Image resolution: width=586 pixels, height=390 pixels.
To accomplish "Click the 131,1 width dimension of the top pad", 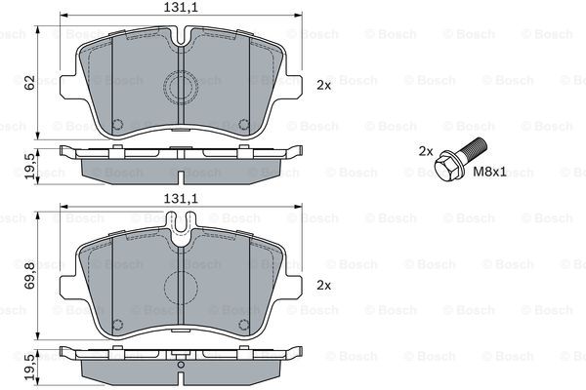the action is click(180, 8).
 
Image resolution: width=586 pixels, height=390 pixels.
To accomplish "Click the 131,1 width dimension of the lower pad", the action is click(180, 199).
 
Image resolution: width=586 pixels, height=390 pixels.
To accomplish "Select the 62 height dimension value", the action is click(29, 82).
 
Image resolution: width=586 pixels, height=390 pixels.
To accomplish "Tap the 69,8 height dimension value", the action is click(29, 275).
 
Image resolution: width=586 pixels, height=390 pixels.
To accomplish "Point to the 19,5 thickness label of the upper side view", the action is click(30, 166).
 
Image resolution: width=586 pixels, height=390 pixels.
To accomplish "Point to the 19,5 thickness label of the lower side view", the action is click(30, 368).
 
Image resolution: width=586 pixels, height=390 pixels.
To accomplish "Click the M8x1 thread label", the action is click(489, 172).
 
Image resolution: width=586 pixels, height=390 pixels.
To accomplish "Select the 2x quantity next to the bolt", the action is click(426, 151).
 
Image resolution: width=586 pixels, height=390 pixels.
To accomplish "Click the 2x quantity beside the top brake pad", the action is click(324, 86).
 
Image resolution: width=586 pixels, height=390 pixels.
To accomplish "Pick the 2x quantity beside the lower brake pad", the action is click(324, 286).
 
